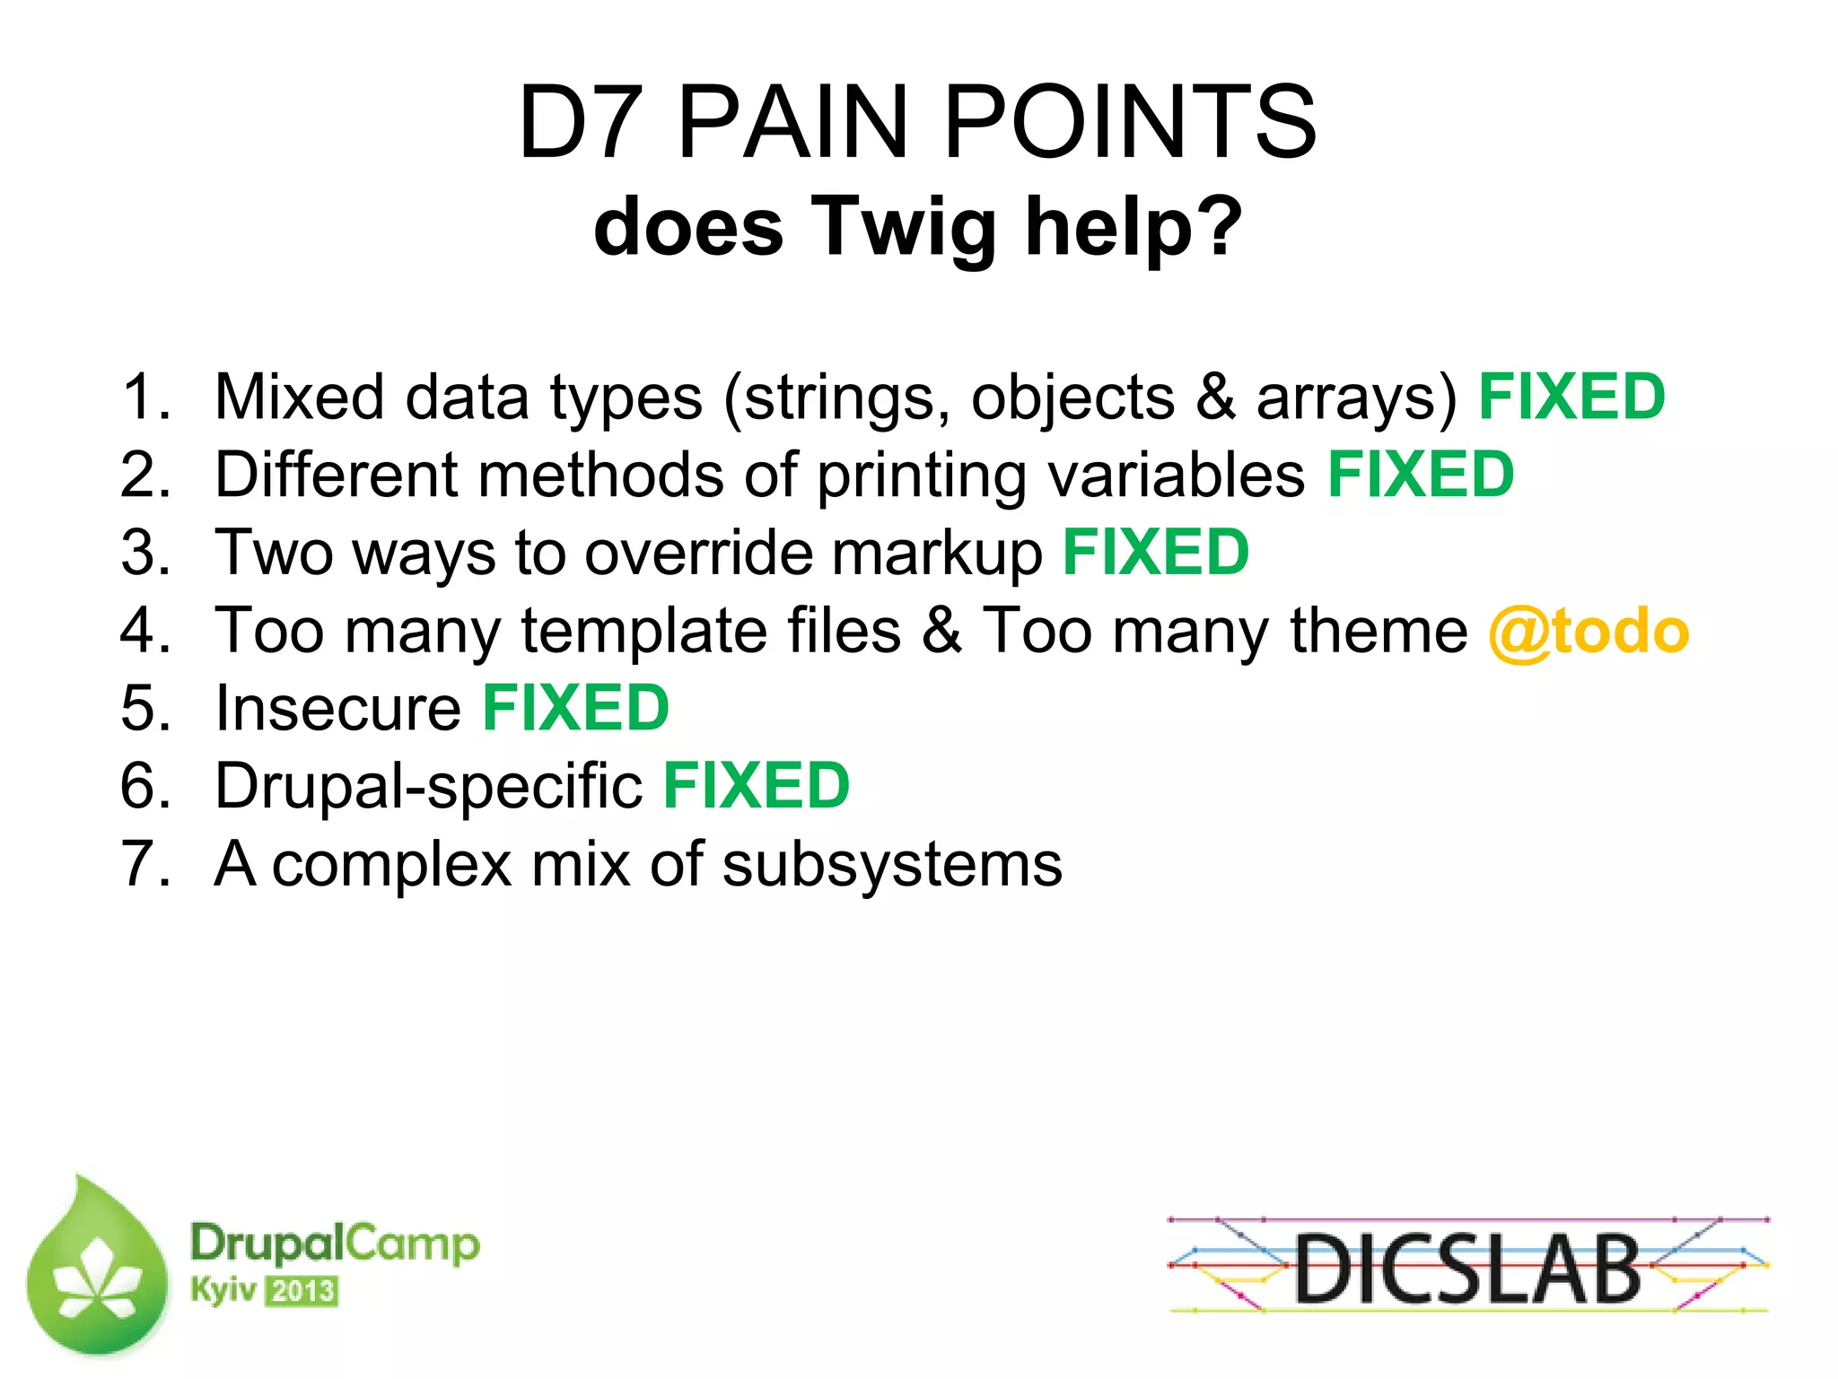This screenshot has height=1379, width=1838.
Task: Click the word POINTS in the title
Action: point(1131,123)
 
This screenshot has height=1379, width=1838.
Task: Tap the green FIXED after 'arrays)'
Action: point(1571,397)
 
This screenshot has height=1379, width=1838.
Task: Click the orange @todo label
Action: point(1589,631)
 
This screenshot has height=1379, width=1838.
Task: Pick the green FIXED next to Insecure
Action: point(575,708)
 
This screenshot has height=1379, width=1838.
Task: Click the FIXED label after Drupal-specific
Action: point(756,786)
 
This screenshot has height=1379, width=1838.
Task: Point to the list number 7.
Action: point(143,864)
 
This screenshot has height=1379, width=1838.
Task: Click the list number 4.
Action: point(143,631)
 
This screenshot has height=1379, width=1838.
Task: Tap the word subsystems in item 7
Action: point(892,865)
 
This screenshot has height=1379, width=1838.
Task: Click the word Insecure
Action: point(338,708)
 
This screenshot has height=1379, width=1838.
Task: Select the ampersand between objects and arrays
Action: point(1215,397)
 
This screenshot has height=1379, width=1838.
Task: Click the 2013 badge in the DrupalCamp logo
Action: point(302,1291)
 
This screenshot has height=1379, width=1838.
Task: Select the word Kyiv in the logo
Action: point(223,1290)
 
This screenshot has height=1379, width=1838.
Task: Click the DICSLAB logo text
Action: point(1468,1269)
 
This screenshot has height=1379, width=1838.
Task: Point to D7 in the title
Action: point(581,123)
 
